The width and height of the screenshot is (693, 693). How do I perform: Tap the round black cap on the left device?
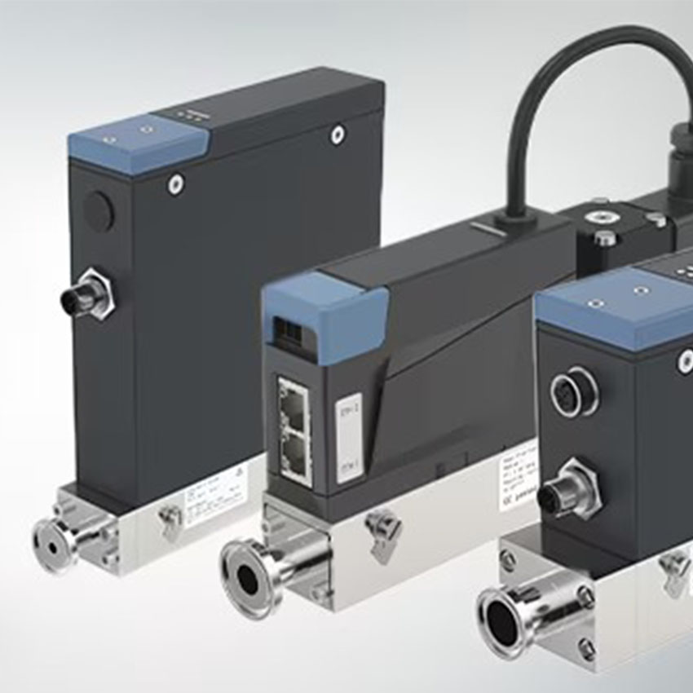(x=99, y=211)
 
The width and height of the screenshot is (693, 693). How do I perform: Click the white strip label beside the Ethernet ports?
(x=349, y=437)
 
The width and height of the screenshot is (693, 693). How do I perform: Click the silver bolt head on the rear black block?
(x=605, y=237)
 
